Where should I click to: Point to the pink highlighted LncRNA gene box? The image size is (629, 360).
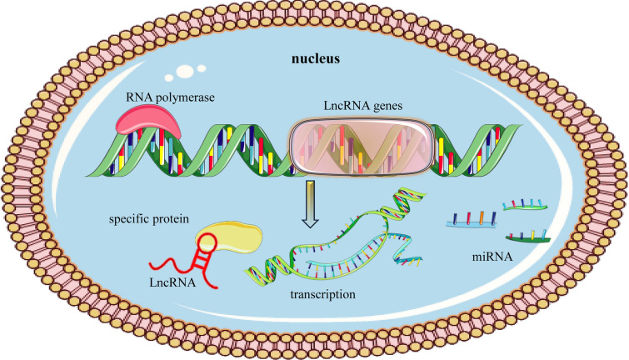click(360, 145)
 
